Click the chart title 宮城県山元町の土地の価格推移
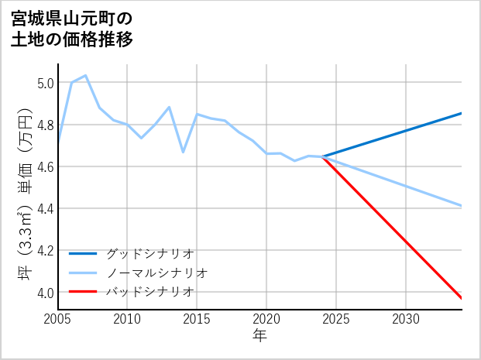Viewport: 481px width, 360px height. [72, 29]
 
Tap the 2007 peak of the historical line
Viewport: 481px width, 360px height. [86, 76]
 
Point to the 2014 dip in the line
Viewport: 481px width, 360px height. [183, 152]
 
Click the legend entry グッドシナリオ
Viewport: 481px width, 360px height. [149, 253]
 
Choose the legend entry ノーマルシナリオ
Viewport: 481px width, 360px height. [156, 273]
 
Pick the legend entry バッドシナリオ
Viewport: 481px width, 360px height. [149, 292]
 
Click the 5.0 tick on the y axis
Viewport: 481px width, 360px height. [45, 83]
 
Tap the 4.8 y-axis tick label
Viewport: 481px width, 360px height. [45, 125]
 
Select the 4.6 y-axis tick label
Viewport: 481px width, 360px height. [45, 166]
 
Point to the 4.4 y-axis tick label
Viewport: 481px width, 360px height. [45, 208]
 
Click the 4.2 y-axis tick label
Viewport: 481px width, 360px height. [45, 251]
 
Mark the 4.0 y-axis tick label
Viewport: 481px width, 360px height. [45, 293]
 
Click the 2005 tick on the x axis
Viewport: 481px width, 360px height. [58, 319]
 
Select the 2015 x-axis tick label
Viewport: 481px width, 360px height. [197, 319]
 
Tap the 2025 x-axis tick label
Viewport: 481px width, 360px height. [336, 319]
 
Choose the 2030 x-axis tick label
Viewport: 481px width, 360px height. [406, 319]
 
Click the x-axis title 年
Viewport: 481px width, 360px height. [259, 336]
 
